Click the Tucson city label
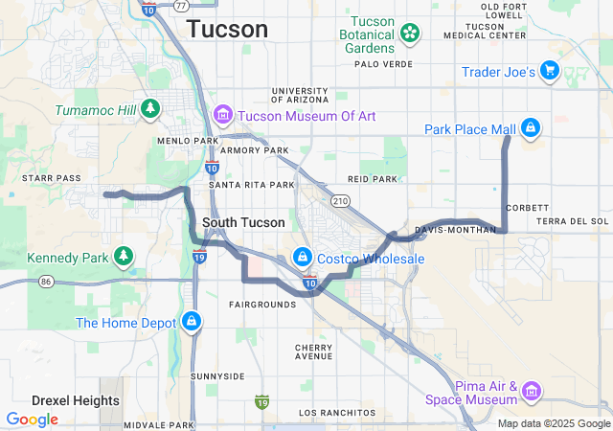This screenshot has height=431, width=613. click(227, 29)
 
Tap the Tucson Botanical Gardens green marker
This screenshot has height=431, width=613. click(410, 34)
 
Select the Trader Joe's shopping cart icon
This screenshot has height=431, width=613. click(549, 71)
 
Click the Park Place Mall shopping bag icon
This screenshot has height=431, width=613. click(531, 127)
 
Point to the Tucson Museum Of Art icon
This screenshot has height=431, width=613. click(223, 116)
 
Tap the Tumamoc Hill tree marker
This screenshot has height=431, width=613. click(149, 109)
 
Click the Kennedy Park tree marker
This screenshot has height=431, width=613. click(122, 257)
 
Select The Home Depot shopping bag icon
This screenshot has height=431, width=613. click(193, 321)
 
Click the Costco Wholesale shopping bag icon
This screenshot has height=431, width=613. click(302, 258)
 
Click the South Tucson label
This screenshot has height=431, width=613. click(243, 222)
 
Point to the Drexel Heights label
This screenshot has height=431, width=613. click(76, 400)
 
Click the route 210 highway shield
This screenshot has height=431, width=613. click(340, 200)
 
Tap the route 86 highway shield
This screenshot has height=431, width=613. click(46, 282)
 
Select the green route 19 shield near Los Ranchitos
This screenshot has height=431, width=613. click(261, 399)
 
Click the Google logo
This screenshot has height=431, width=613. click(32, 419)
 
